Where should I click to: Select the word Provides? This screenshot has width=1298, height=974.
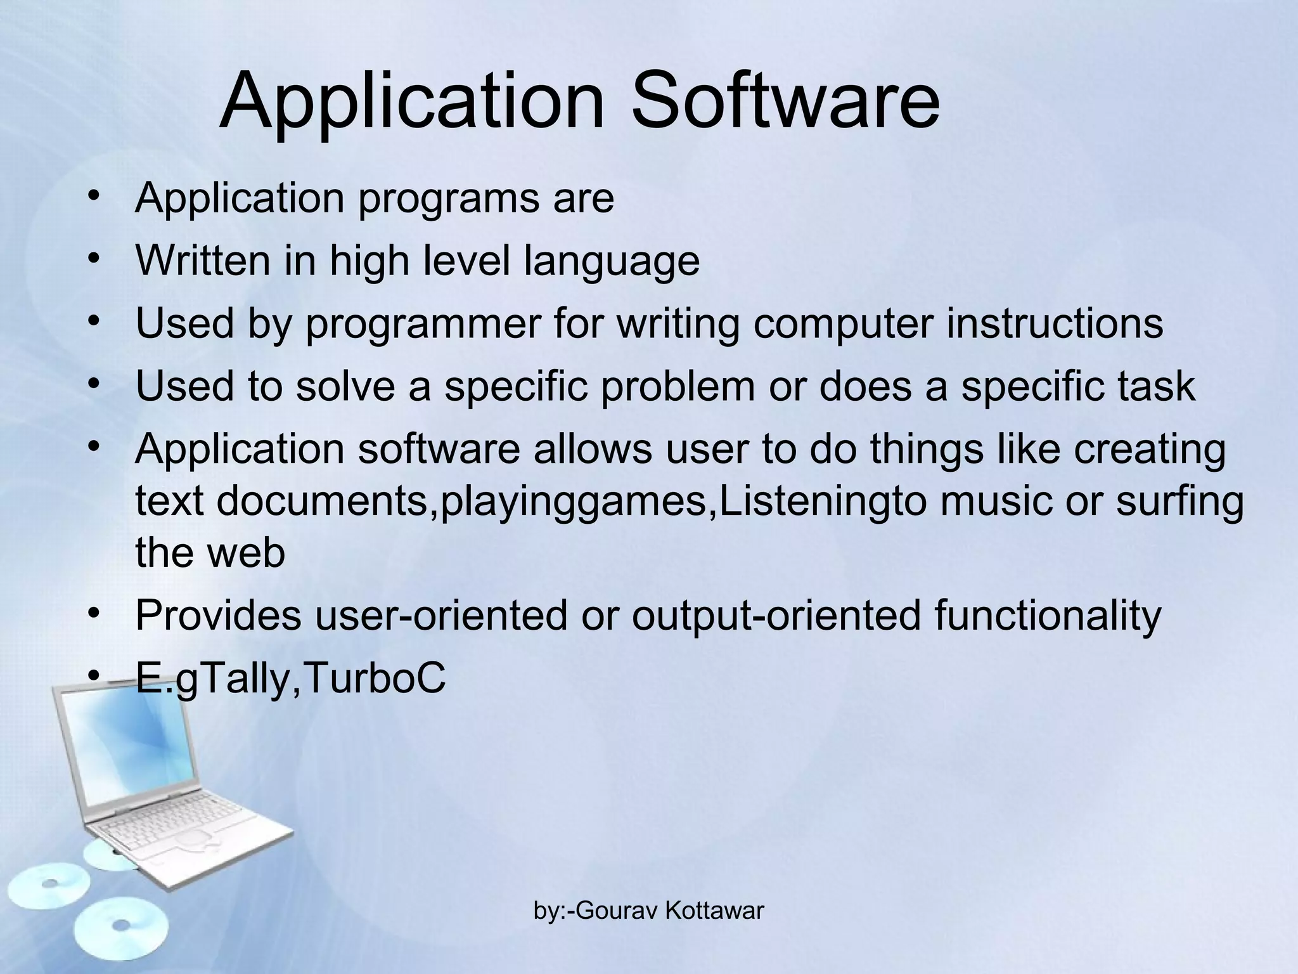218,615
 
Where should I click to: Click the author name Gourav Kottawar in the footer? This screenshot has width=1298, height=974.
671,911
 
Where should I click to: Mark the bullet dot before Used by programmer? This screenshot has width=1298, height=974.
94,320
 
